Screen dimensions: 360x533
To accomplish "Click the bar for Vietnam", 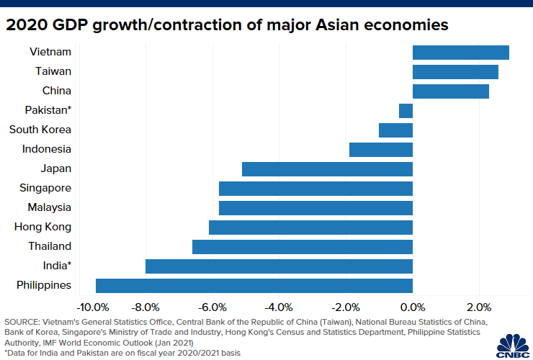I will (460, 52).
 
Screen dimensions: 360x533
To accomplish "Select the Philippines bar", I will (254, 285).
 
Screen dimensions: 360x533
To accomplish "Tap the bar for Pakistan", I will (406, 110).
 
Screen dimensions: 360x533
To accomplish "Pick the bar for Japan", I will (327, 168).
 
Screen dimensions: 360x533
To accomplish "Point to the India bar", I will (279, 266).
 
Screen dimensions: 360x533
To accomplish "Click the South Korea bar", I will (395, 130).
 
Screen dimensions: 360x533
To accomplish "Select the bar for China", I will (450, 91).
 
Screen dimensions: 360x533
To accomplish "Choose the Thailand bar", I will (303, 246).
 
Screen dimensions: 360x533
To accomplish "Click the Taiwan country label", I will (53, 71).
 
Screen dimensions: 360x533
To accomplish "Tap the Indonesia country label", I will (47, 149).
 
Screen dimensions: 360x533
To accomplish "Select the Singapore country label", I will (45, 188).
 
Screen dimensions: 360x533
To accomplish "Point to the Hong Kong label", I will (43, 227).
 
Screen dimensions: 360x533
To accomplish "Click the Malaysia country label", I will (49, 207).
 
